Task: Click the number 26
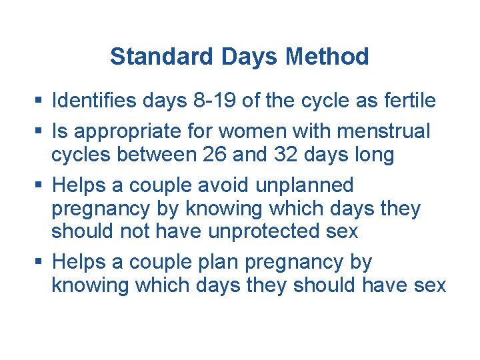click(x=213, y=155)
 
